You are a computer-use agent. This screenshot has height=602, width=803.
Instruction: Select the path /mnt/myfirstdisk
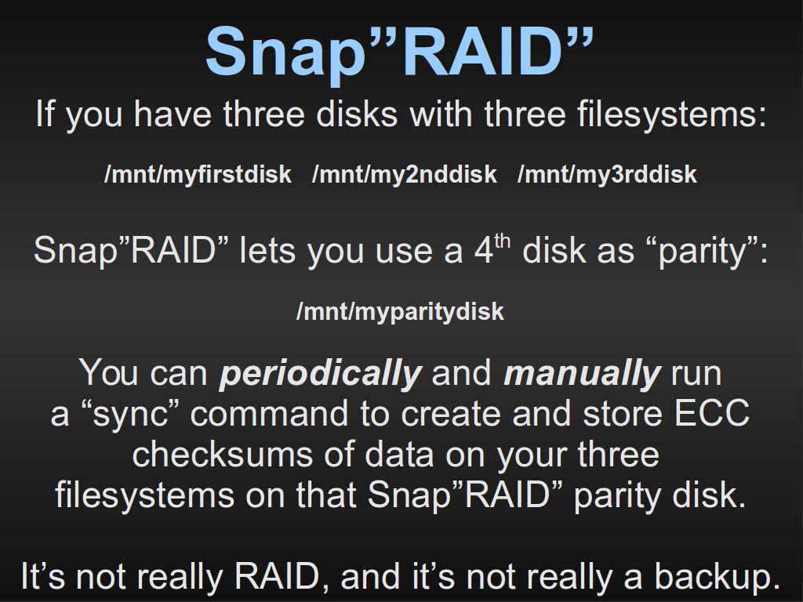(x=198, y=175)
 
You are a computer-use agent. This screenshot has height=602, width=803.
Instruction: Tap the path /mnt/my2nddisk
(x=404, y=175)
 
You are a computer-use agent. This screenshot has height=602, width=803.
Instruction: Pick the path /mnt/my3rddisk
(x=607, y=175)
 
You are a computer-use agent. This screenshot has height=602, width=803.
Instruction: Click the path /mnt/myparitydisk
(x=400, y=312)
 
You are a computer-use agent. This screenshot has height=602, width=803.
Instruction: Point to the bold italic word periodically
(x=320, y=373)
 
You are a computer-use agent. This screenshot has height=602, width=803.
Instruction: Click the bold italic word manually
(x=583, y=373)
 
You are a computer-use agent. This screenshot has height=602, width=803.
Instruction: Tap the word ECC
(x=712, y=413)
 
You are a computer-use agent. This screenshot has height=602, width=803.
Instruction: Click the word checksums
(x=222, y=454)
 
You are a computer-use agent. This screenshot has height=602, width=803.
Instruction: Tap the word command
(x=269, y=413)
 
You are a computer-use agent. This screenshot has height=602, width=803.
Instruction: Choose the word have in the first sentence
(x=172, y=114)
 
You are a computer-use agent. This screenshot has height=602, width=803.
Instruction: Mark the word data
(x=401, y=454)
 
